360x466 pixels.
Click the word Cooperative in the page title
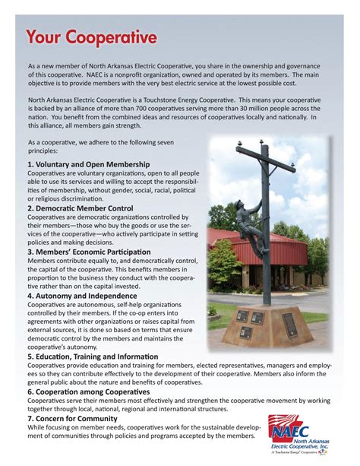click(114, 37)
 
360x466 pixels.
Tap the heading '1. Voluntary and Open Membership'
click(88, 164)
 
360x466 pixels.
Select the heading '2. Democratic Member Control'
click(80, 208)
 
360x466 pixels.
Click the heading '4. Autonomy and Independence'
click(81, 295)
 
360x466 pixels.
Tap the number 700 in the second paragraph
click(199, 109)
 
